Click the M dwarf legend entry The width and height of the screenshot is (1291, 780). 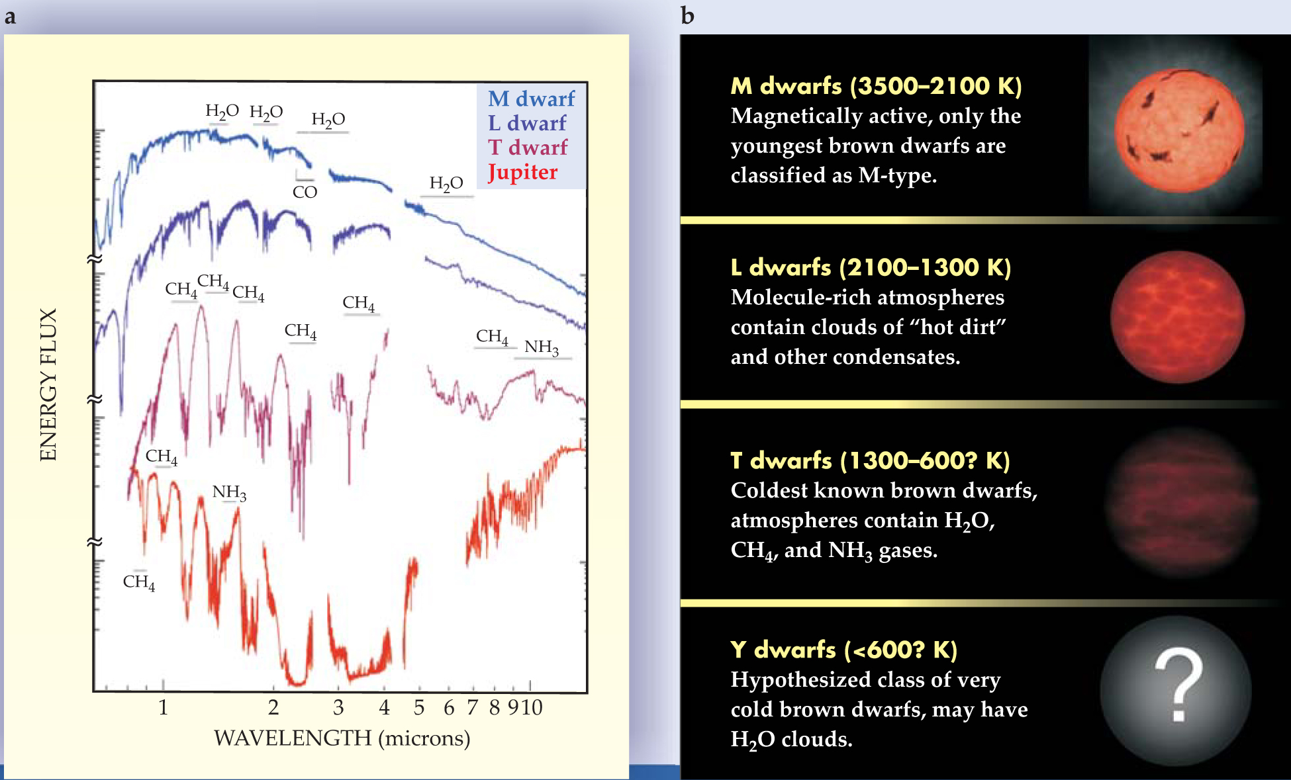click(532, 99)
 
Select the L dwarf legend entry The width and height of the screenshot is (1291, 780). click(527, 123)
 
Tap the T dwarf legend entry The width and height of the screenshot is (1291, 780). click(528, 147)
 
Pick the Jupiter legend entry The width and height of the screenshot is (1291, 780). click(522, 172)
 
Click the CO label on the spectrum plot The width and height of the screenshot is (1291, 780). click(305, 192)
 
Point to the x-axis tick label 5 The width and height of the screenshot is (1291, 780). click(418, 708)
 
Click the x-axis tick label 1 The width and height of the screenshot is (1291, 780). click(163, 708)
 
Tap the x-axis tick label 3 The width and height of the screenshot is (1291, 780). click(338, 708)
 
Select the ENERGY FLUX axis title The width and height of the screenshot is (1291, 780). click(48, 385)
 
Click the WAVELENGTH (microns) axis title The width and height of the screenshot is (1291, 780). click(342, 738)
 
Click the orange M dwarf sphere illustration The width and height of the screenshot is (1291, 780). click(1179, 130)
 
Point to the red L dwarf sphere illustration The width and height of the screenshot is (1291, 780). click(1178, 317)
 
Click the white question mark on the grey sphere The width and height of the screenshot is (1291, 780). click(1178, 684)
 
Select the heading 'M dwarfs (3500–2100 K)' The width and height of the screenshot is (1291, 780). click(876, 86)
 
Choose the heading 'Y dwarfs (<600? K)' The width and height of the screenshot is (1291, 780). click(843, 650)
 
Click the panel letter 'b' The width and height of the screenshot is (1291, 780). click(687, 15)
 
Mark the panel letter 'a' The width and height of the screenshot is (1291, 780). click(10, 17)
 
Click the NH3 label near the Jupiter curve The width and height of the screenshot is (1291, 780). click(229, 492)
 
